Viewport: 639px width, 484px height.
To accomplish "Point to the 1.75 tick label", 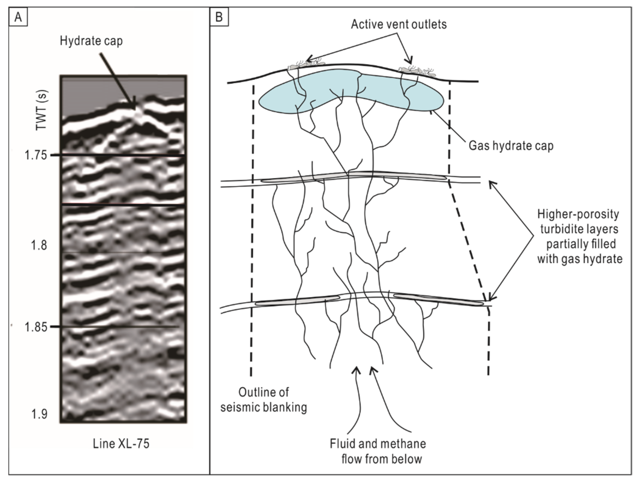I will coord(36,155).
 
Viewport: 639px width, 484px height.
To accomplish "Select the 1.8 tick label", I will coord(39,245).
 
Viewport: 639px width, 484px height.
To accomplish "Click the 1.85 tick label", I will coord(36,327).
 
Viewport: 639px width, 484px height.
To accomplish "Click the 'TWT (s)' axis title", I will coord(42,110).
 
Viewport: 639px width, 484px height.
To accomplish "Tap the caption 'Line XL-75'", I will coord(121,444).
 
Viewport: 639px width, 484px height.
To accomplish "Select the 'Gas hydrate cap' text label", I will coord(511,146).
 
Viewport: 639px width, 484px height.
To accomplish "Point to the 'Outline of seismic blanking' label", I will coord(263,400).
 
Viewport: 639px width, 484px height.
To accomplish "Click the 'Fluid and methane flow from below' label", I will coord(378,451).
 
